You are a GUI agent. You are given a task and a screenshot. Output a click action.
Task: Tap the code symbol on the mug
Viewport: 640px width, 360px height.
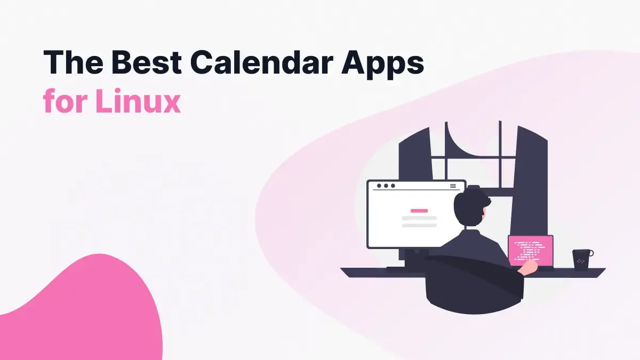tap(580, 261)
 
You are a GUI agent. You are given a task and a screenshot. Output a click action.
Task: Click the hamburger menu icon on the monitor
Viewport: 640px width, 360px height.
tap(453, 186)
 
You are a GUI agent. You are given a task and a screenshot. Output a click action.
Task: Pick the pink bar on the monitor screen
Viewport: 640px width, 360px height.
tap(419, 211)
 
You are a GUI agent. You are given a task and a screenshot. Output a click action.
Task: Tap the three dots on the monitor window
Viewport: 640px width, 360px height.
tap(386, 186)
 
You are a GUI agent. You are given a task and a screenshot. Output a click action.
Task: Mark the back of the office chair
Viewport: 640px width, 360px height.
tap(469, 288)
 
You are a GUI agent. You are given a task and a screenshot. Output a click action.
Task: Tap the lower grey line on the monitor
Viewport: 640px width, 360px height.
tap(419, 226)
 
